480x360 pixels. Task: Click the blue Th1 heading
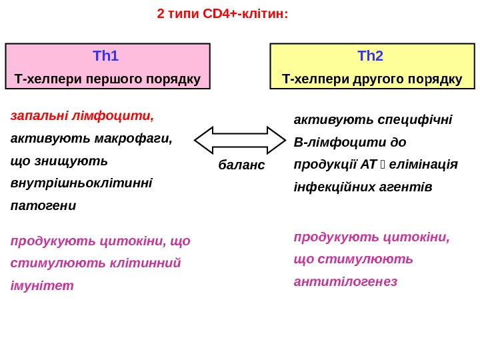(106, 56)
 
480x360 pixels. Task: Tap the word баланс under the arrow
(241, 165)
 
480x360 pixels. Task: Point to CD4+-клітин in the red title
(249, 13)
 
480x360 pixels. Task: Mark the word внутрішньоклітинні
(81, 183)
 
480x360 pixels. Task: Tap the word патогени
(43, 205)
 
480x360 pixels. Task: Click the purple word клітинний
(146, 263)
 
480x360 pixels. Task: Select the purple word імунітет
(42, 285)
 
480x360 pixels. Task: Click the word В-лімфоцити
(341, 143)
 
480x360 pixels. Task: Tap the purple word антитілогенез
(345, 281)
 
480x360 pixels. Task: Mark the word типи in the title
(181, 13)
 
